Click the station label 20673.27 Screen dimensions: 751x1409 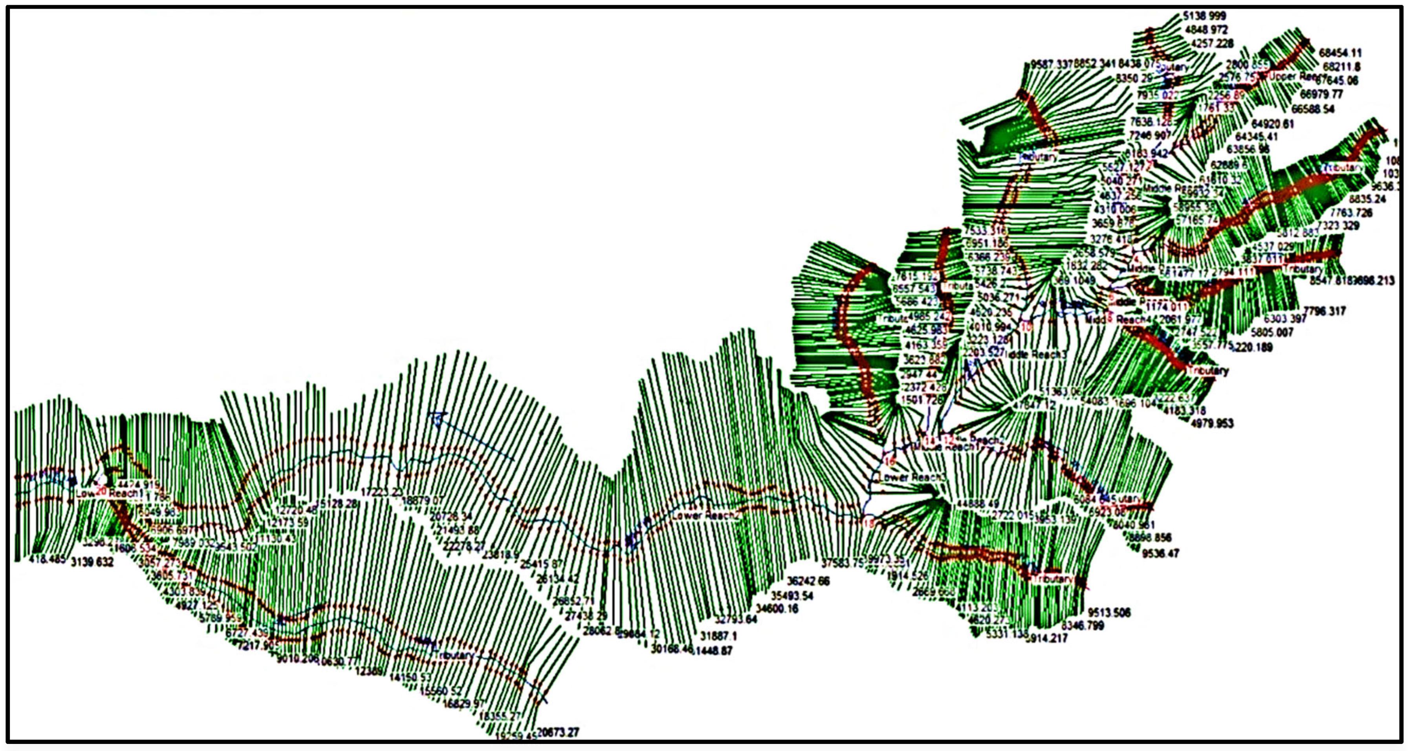tap(558, 732)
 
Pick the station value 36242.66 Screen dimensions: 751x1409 tap(808, 581)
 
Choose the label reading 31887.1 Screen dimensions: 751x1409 tap(719, 636)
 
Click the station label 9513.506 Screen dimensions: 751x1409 tap(1109, 612)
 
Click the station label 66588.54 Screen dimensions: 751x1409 tap(1313, 109)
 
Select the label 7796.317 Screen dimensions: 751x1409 tap(1325, 311)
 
